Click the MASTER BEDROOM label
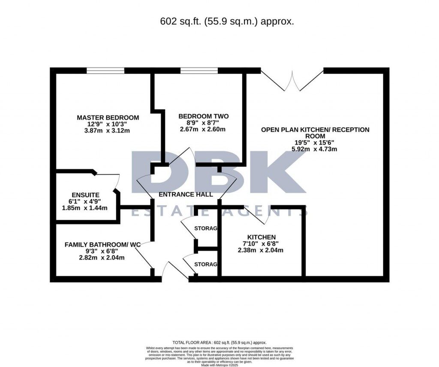point(108,117)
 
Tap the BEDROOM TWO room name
point(203,116)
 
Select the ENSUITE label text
point(86,194)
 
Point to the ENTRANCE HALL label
point(186,194)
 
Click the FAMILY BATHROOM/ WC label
point(102,244)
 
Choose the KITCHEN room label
point(261,237)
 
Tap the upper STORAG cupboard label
point(206,228)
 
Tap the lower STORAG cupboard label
point(206,264)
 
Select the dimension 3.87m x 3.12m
point(108,130)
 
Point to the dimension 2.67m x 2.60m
point(203,129)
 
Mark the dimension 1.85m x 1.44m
point(84,208)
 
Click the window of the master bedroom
point(105,70)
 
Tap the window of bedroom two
point(199,70)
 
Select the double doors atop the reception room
point(292,81)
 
